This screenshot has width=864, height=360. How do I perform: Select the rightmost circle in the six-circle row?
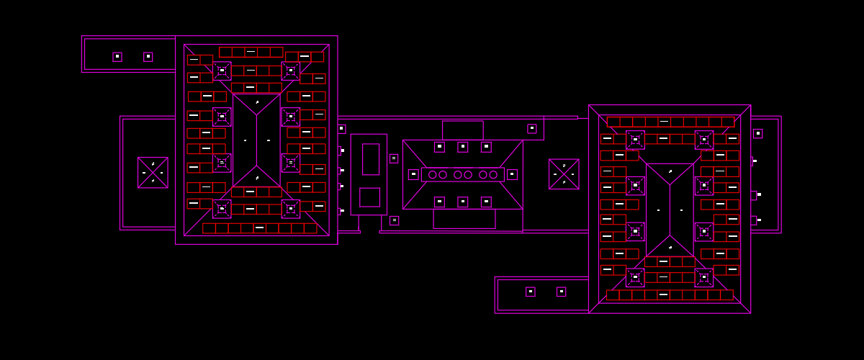[493, 174]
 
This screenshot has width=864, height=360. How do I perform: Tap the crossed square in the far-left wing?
[153, 173]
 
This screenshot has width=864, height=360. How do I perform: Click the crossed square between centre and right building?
[564, 174]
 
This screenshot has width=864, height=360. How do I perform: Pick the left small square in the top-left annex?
[117, 57]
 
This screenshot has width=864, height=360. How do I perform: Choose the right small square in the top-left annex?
[148, 57]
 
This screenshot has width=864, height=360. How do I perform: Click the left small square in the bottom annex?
[530, 292]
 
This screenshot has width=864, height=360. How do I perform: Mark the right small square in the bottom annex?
[561, 292]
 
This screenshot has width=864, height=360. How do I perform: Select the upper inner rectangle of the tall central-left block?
[370, 159]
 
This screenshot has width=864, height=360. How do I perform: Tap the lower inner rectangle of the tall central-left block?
[369, 197]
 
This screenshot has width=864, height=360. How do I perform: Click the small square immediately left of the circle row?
[413, 174]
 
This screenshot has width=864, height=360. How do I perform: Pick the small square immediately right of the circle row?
[512, 174]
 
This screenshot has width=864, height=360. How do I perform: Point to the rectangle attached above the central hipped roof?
[462, 130]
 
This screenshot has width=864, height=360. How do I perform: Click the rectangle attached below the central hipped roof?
[464, 219]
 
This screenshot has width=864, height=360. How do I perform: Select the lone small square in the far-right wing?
[757, 133]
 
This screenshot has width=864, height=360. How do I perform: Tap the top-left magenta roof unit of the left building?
[222, 71]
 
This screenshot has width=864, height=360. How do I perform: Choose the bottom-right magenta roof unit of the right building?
[703, 277]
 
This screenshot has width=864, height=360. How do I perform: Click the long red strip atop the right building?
[670, 122]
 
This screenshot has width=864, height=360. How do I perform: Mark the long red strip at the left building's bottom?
[259, 228]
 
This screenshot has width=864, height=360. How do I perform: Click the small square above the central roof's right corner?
[531, 129]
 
